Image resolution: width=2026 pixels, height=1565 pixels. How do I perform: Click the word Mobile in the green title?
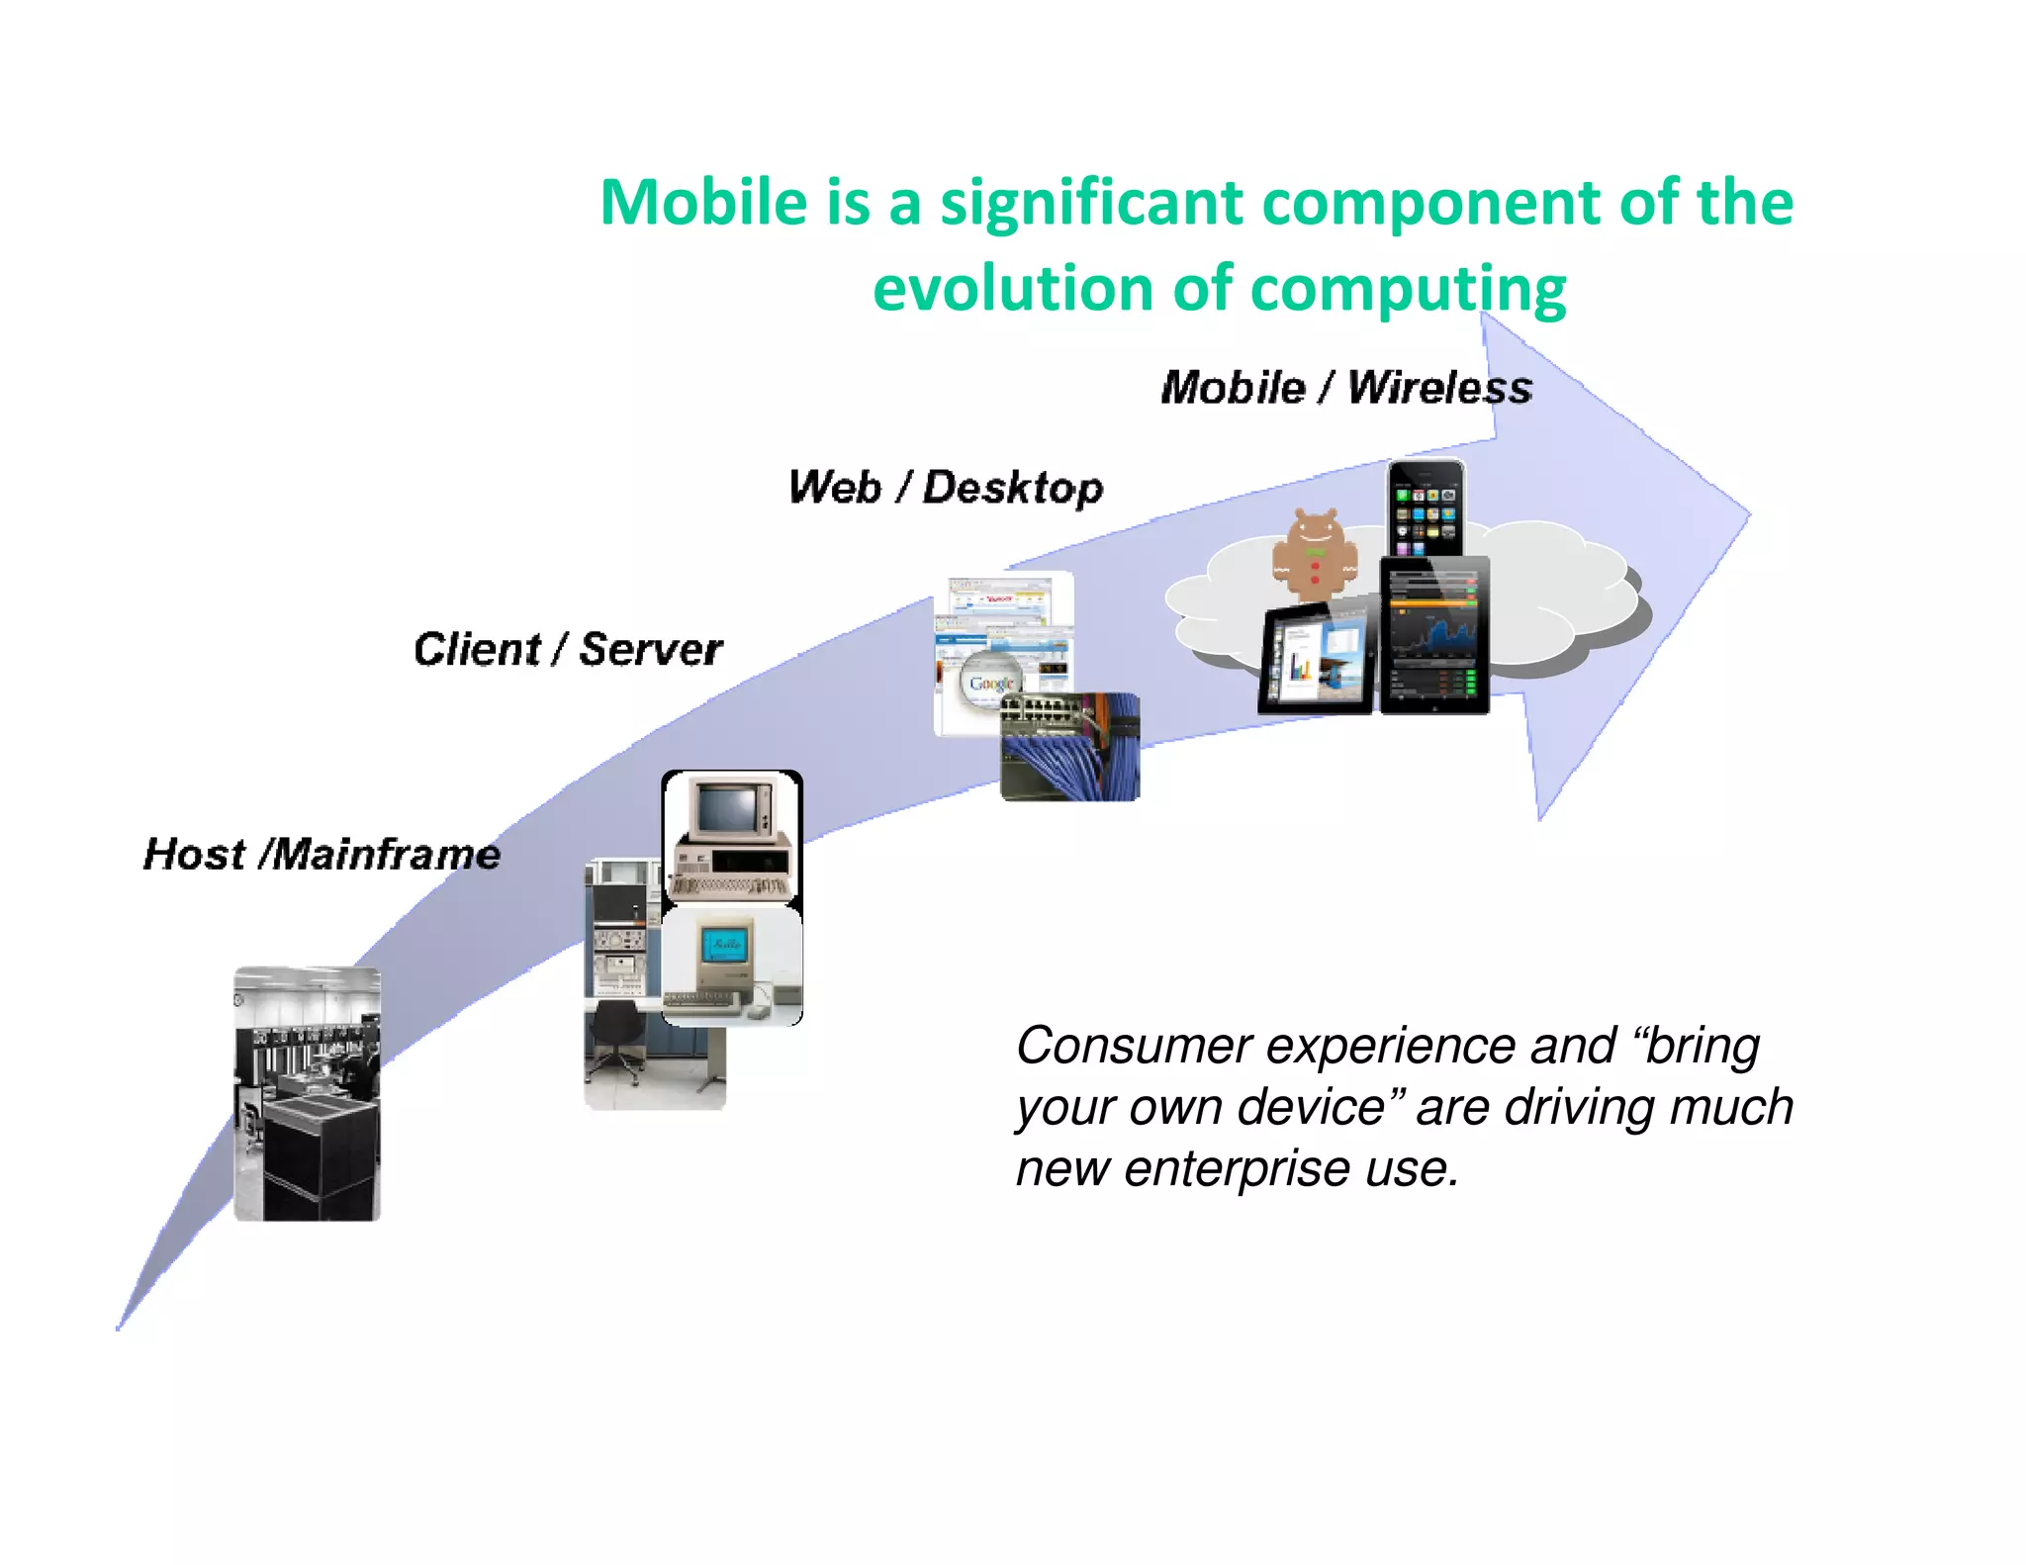point(703,203)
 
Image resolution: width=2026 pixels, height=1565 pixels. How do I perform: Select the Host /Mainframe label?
point(322,854)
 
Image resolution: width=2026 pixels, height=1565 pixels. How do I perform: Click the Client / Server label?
point(568,650)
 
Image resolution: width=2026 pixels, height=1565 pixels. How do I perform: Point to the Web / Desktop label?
point(945,488)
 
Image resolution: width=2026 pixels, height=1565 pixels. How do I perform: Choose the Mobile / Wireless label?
point(1345,387)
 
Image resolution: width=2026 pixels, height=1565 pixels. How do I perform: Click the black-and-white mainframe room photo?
point(307,1093)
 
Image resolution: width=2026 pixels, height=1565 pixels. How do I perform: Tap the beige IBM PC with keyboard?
point(732,838)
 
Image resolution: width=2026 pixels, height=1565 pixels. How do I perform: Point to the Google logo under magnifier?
point(990,683)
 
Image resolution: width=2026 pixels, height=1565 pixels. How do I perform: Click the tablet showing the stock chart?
point(1434,634)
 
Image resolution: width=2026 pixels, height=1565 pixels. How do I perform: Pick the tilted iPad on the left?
point(1317,658)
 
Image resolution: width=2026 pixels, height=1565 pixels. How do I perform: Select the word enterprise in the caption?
point(1237,1169)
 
